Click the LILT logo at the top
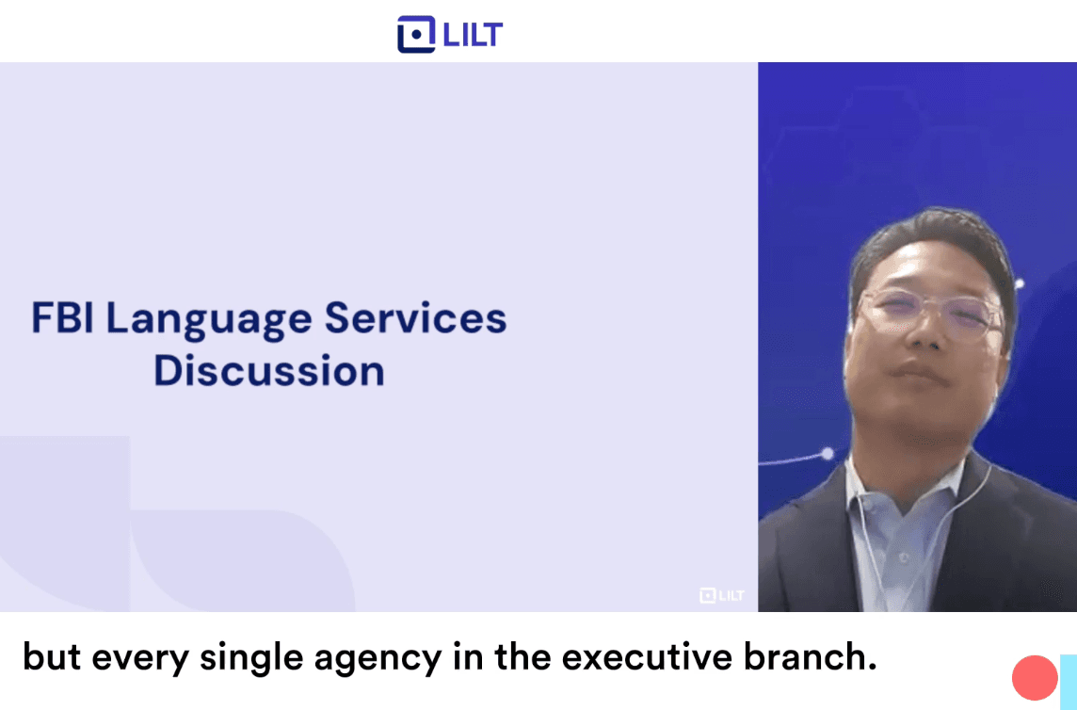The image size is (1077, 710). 450,34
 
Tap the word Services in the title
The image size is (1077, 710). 415,318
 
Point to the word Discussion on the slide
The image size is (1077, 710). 269,370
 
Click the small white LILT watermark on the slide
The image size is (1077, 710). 721,595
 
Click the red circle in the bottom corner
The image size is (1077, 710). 1035,677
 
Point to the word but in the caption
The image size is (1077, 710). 48,657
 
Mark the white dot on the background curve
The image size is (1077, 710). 828,454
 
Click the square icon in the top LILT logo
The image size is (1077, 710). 415,34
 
